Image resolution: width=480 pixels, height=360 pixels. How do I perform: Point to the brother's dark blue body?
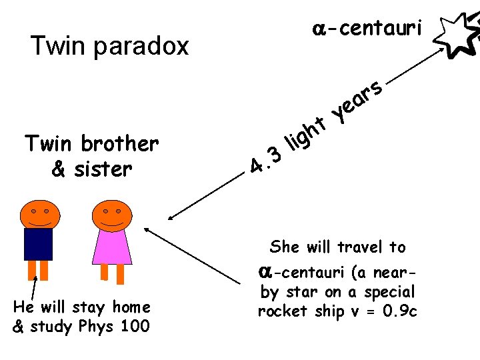[x=38, y=243]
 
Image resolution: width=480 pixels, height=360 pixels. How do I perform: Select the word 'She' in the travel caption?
[x=285, y=247]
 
